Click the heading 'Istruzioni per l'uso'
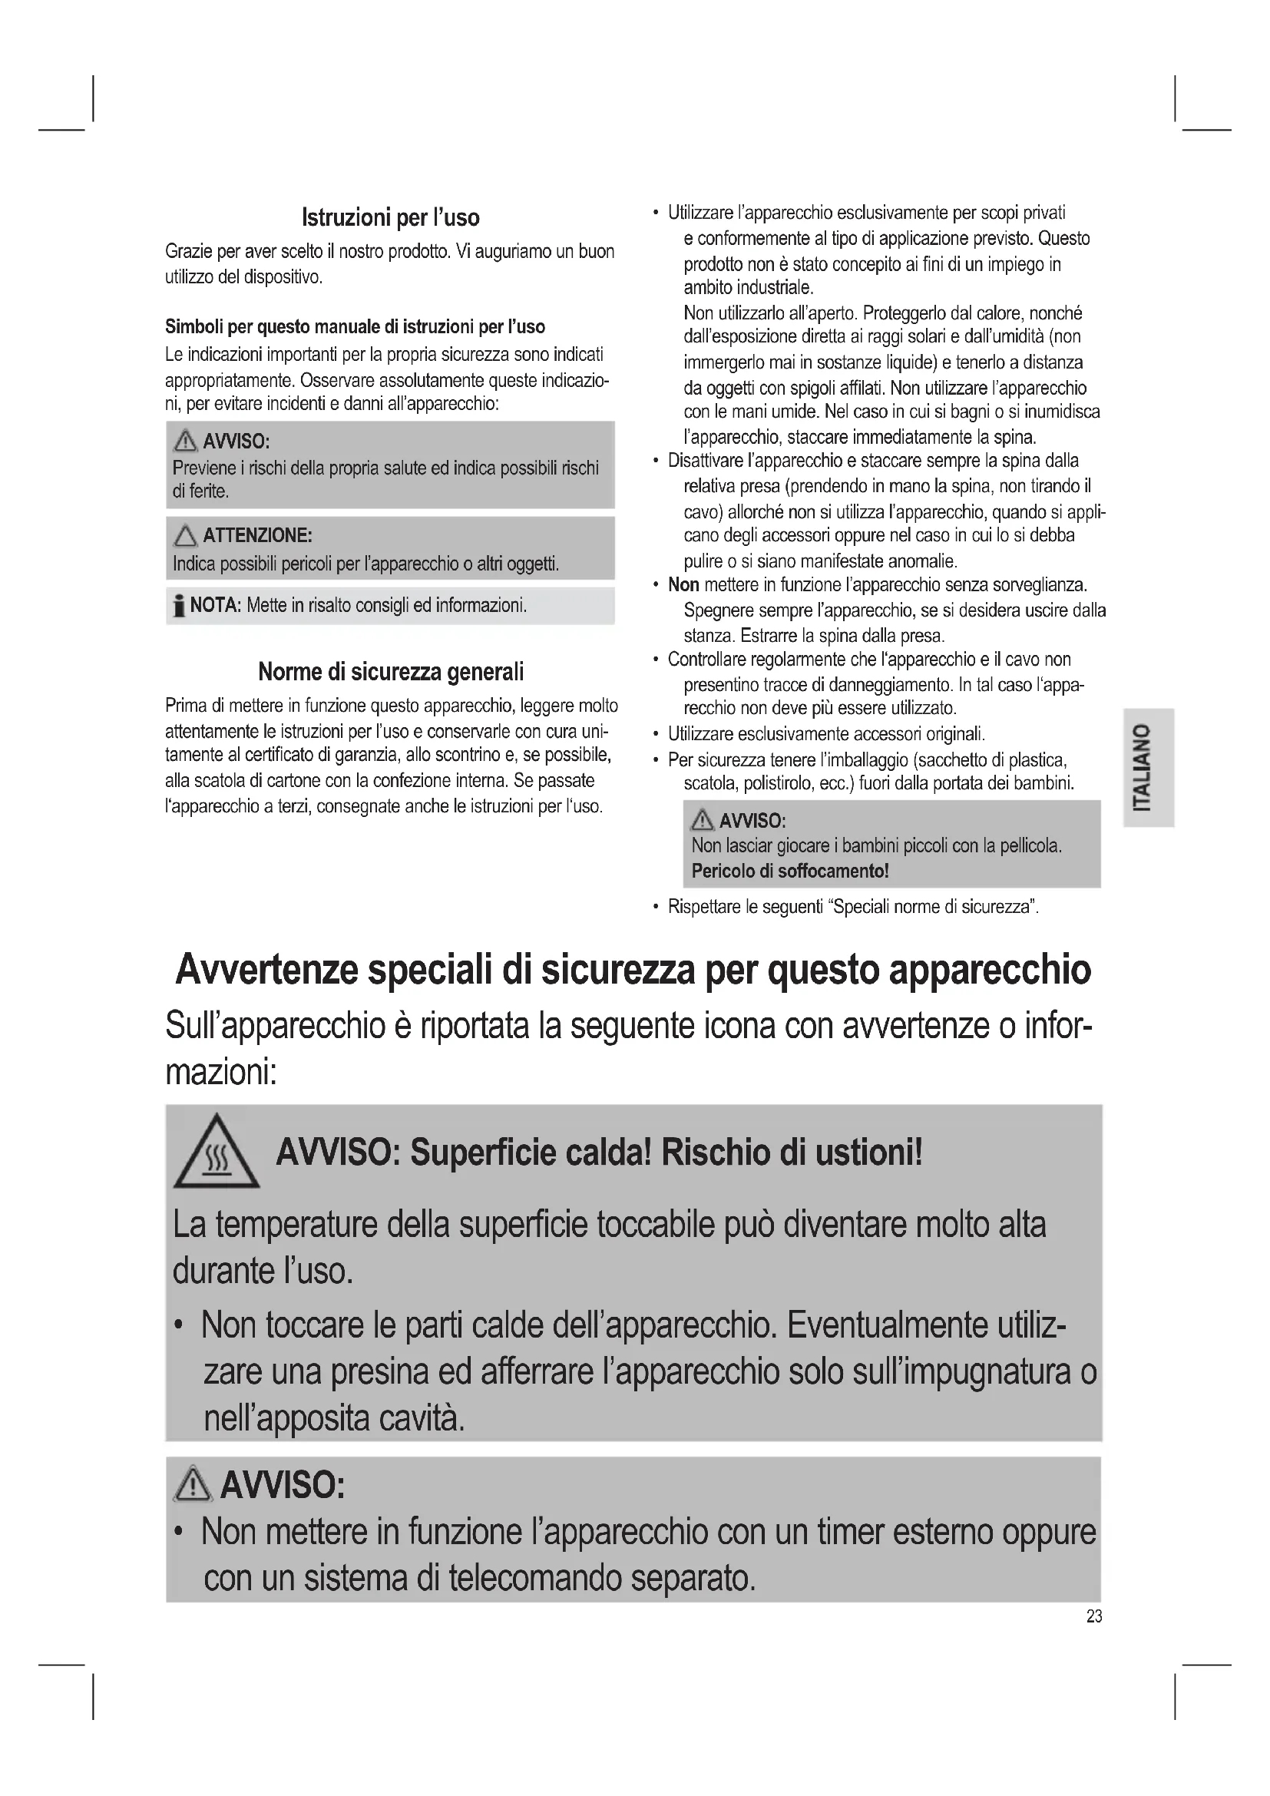pyautogui.click(x=390, y=217)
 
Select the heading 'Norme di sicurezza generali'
pyautogui.click(x=390, y=671)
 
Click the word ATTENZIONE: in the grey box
pyautogui.click(x=257, y=535)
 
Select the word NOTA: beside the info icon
pyautogui.click(x=216, y=604)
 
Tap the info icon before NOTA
pyautogui.click(x=180, y=605)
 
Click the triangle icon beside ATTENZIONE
pyautogui.click(x=185, y=536)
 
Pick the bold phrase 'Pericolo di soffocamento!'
pyautogui.click(x=790, y=871)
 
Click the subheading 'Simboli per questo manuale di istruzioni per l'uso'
pyautogui.click(x=355, y=326)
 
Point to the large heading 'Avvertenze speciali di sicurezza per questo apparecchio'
pyautogui.click(x=633, y=970)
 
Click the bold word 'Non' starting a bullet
pyautogui.click(x=683, y=584)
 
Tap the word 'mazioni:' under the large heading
pyautogui.click(x=221, y=1072)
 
